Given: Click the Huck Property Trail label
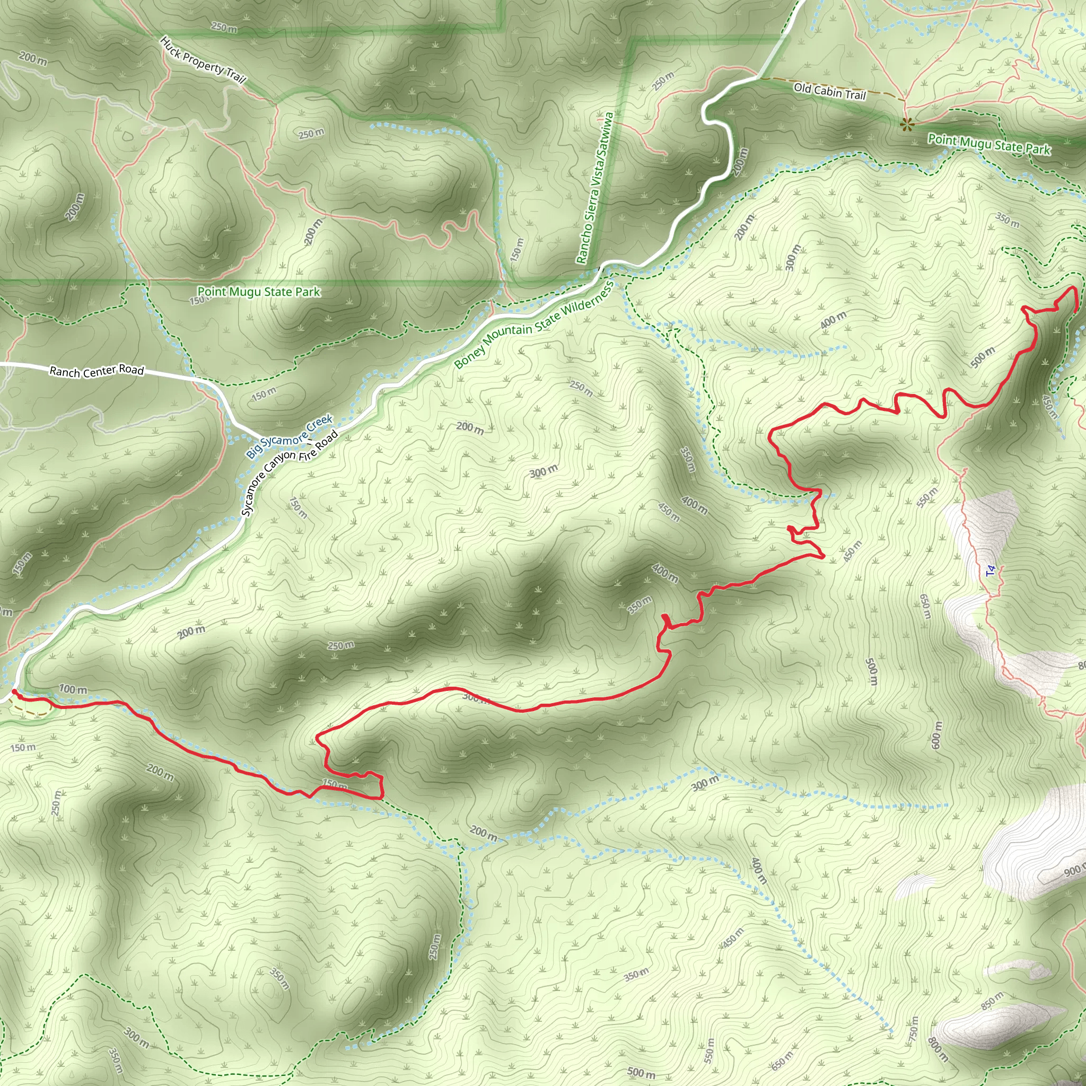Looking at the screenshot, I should coord(203,60).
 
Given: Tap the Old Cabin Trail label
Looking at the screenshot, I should coord(830,91).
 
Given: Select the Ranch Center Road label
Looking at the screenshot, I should coord(97,371).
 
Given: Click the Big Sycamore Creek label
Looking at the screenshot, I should coord(290,436).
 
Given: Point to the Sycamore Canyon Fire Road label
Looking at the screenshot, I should coord(290,472).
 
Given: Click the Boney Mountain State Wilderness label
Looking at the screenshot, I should coord(533,326).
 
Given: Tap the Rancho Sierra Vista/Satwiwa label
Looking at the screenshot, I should coord(595,188).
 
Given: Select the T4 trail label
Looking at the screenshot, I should coord(991,571).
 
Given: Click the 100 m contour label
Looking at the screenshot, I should coord(73,689).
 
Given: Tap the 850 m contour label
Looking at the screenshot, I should coord(993,1001).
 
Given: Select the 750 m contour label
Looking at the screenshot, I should coord(914,1028).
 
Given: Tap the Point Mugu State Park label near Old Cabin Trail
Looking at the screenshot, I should coord(989,144).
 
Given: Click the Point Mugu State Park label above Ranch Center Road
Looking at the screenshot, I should coord(259,292).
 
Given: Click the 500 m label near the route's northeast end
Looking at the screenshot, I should coord(983,357).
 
